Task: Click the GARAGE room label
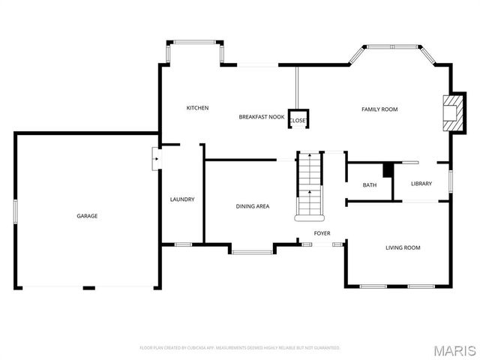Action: (x=87, y=216)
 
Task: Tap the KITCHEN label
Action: (x=197, y=108)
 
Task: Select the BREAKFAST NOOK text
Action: (x=261, y=117)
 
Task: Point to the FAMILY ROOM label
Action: (x=379, y=109)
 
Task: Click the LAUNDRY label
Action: (x=182, y=199)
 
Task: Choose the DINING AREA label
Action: (x=253, y=206)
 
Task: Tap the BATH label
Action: (x=370, y=185)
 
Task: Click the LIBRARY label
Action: (x=421, y=184)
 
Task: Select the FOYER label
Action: (x=322, y=233)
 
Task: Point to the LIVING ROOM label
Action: (x=403, y=247)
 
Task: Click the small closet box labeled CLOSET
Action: (x=298, y=120)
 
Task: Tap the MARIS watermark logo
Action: (x=454, y=350)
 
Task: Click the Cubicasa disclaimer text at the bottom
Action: (x=240, y=348)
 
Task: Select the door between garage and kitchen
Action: (x=155, y=158)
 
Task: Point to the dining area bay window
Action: (x=251, y=251)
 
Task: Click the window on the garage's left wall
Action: (x=15, y=210)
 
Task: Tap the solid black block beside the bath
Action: (x=388, y=170)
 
